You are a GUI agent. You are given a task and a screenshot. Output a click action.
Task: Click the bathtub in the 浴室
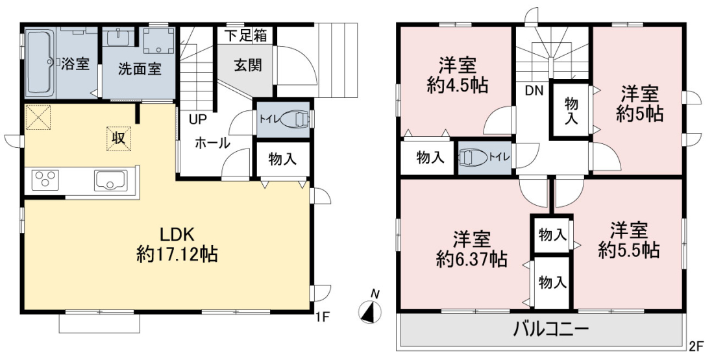41,62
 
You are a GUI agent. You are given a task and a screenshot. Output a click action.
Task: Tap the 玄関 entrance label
248,65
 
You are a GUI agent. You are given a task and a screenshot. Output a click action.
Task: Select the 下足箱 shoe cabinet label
247,36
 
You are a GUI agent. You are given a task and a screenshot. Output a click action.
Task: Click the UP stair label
198,120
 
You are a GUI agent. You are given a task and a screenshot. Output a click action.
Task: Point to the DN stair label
534,91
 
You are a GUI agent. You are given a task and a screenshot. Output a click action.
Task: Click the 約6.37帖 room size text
471,259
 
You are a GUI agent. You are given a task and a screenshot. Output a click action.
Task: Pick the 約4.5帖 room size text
457,85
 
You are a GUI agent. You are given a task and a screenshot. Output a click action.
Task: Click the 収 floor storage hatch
119,138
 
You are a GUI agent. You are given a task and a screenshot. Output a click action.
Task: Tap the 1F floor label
322,317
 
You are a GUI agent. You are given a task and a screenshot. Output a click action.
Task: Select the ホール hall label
212,143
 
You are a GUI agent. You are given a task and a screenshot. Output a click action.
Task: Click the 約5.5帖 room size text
629,250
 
